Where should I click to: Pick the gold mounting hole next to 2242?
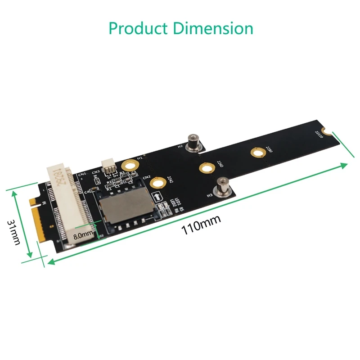(x=157, y=184)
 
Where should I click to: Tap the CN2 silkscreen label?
(x=146, y=178)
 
